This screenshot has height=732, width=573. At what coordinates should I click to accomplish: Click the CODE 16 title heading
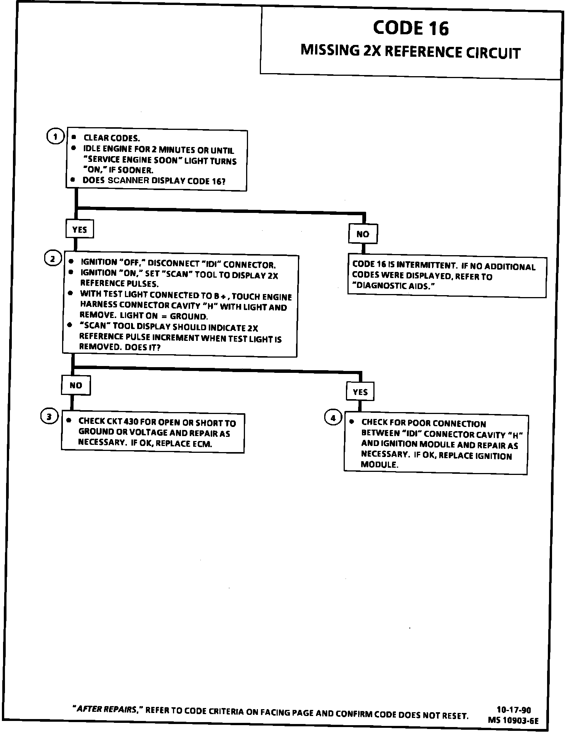click(411, 28)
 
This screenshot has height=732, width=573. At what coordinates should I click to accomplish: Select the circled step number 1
click(55, 136)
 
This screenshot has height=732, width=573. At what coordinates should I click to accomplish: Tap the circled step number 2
click(53, 259)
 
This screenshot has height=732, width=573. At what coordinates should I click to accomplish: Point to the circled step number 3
click(49, 417)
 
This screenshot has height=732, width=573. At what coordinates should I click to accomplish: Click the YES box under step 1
click(79, 229)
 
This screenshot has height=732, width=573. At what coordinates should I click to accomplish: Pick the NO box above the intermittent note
click(363, 234)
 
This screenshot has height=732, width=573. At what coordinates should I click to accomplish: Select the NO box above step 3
click(76, 385)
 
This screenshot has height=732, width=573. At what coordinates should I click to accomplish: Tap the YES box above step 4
click(360, 392)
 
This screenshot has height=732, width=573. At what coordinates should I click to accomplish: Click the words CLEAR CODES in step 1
click(112, 138)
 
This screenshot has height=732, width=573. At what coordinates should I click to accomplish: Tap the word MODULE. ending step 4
click(379, 465)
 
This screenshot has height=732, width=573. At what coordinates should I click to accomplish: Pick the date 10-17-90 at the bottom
click(514, 710)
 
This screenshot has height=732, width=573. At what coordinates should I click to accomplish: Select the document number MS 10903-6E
click(513, 720)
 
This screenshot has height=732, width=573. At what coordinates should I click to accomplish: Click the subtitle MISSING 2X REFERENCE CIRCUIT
click(410, 52)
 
